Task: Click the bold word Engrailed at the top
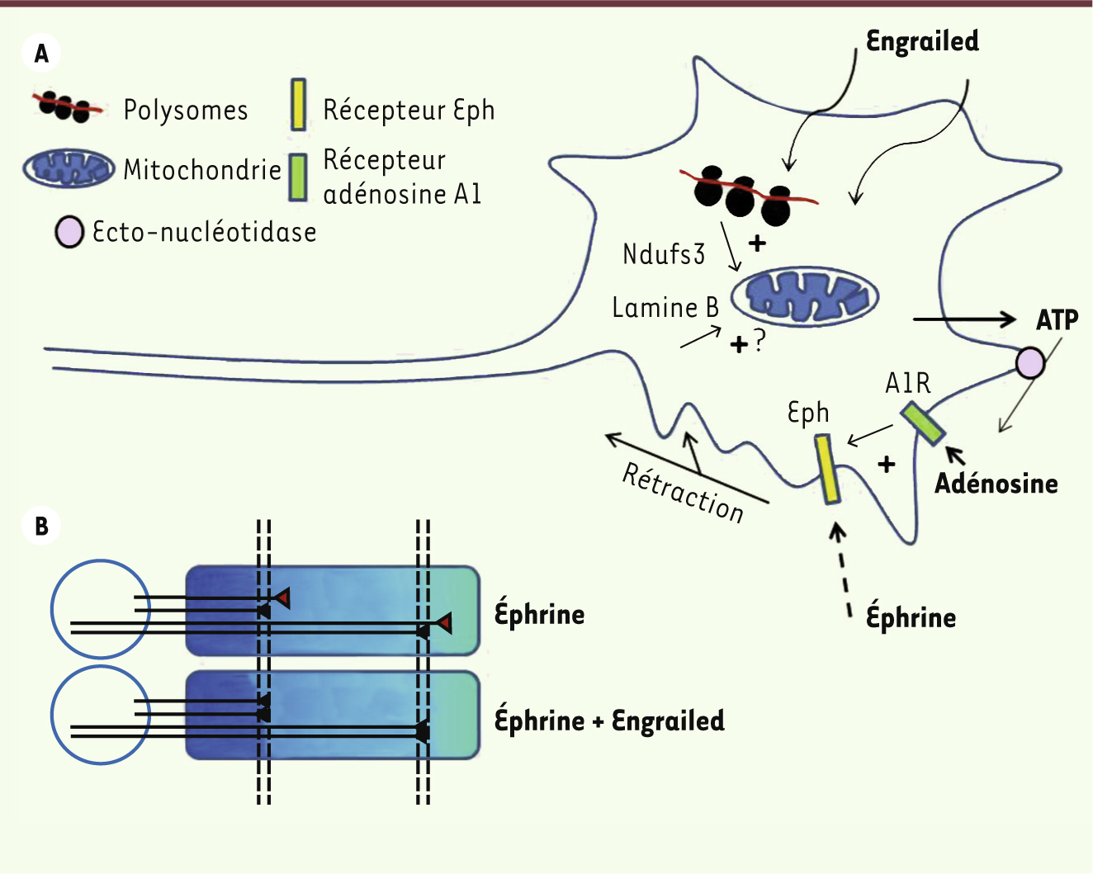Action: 922,41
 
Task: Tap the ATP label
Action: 1058,319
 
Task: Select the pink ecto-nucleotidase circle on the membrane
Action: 1029,362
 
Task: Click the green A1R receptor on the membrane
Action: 923,423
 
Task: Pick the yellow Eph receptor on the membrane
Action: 827,469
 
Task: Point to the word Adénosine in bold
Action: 996,484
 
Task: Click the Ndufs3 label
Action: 664,254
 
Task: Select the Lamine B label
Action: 665,308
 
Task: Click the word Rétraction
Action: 683,493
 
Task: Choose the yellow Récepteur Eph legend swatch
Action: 299,105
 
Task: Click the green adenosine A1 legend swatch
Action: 299,177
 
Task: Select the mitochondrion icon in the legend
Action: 69,168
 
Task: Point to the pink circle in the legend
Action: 69,232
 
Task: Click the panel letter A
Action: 41,54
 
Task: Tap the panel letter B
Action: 41,526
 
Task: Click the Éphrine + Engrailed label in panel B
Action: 609,720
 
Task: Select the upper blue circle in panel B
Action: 100,609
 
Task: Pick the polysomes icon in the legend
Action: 68,106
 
